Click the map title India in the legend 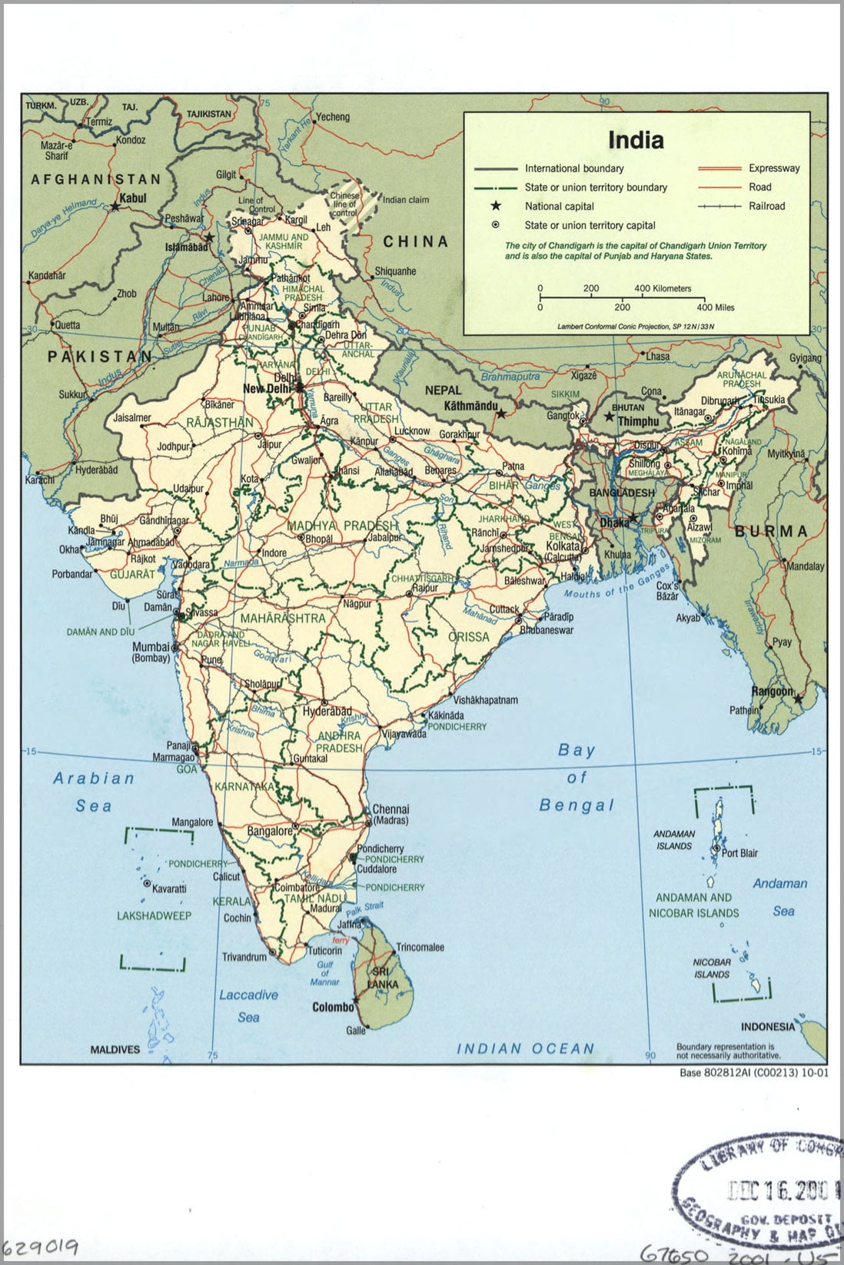click(636, 141)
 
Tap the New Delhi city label click(268, 389)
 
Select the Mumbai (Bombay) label click(151, 652)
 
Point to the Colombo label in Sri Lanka click(333, 1007)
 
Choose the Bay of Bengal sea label click(577, 777)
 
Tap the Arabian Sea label click(94, 792)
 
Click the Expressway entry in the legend click(774, 168)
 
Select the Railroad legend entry click(766, 206)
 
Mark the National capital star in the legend click(496, 206)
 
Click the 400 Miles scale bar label click(715, 307)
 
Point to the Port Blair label click(739, 853)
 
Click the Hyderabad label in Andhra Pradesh click(327, 712)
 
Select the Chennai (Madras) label click(390, 815)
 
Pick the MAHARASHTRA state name click(282, 618)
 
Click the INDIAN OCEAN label click(526, 1048)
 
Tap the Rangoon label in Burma click(772, 691)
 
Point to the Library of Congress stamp click(761, 1189)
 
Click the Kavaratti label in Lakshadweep click(169, 888)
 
